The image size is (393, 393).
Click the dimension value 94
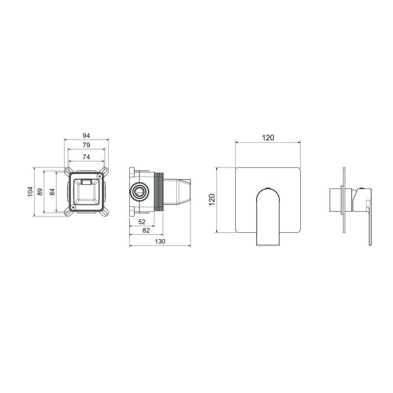(x=86, y=136)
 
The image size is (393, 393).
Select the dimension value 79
(x=86, y=145)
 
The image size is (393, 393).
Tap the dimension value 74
(x=86, y=157)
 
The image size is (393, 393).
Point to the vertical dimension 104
(x=30, y=192)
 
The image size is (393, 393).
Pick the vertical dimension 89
(x=40, y=192)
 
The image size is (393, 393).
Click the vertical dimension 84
(x=52, y=192)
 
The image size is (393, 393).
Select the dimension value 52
(x=142, y=222)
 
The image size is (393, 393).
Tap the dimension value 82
(x=146, y=230)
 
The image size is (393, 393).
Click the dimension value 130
(x=160, y=241)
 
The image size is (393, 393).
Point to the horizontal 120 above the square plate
(x=268, y=138)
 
